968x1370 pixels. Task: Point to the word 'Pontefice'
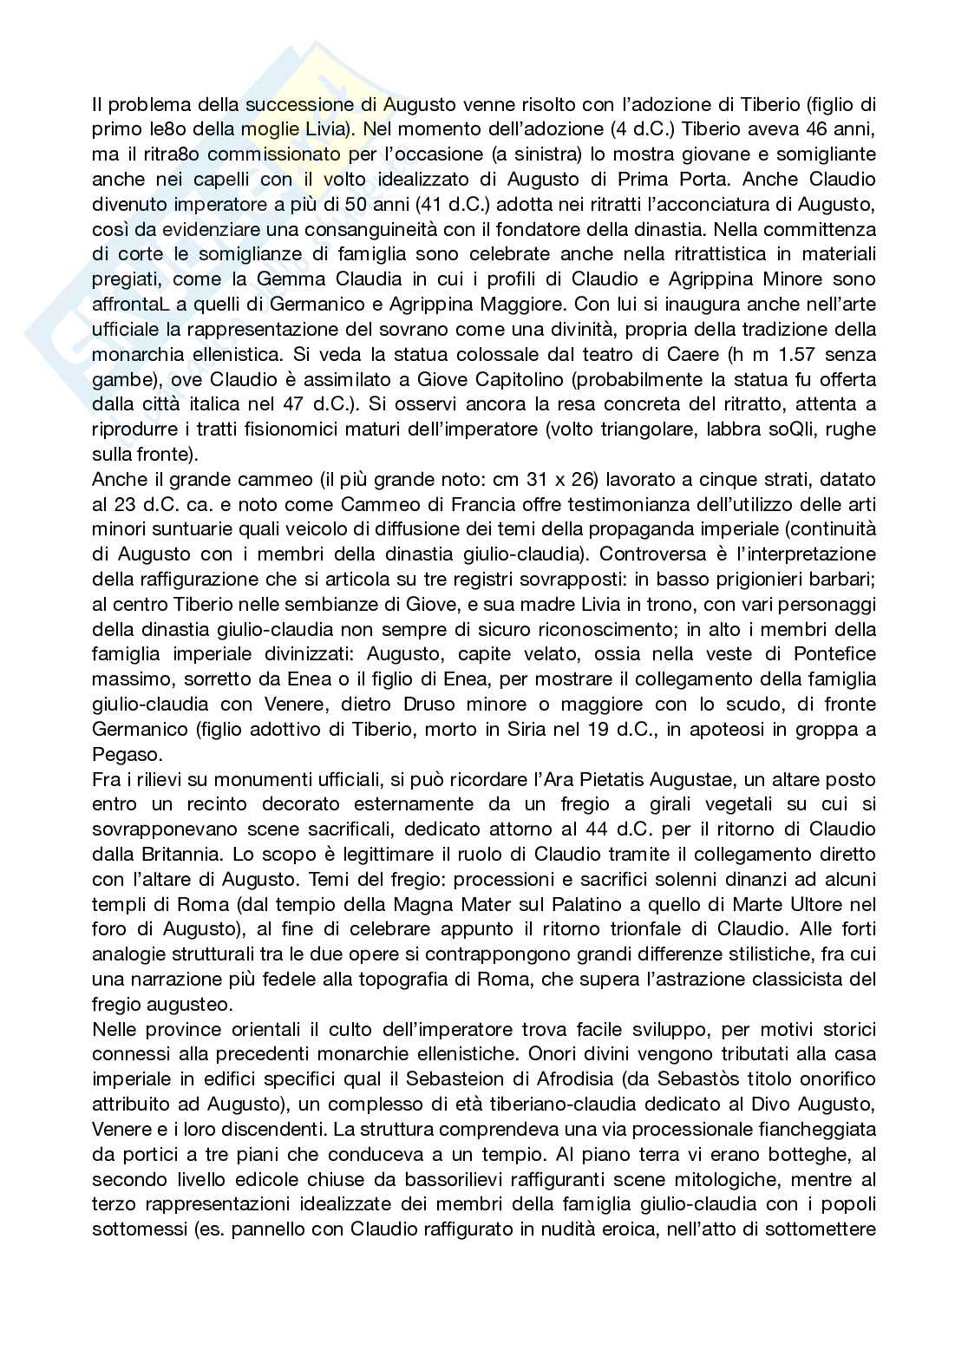pos(821,655)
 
